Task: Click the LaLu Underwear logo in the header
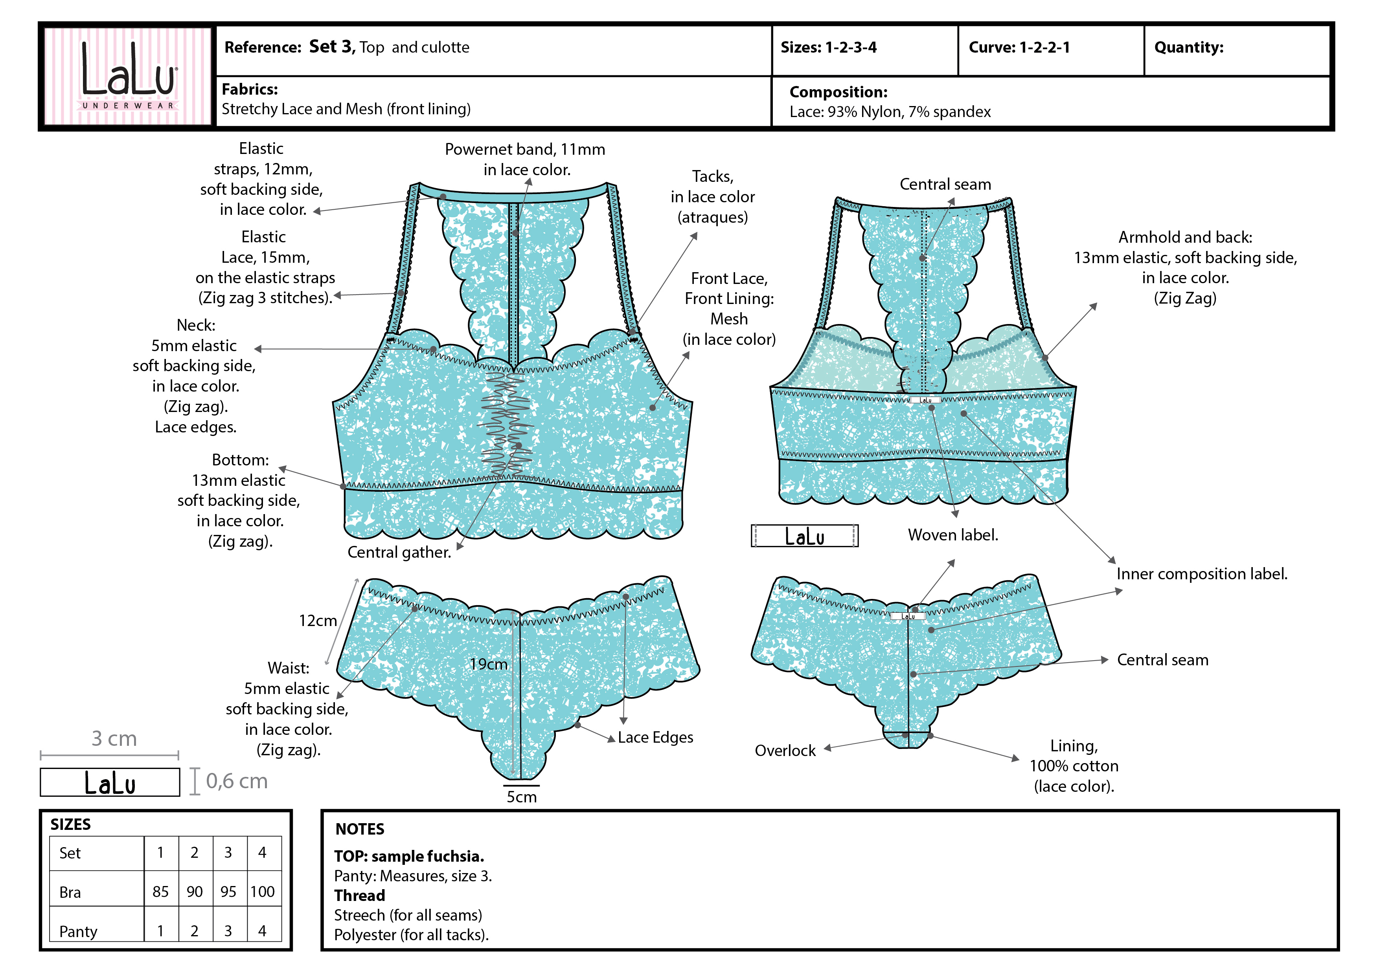coord(128,76)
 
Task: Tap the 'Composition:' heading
coord(838,92)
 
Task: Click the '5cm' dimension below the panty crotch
coord(521,796)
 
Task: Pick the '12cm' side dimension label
coord(318,621)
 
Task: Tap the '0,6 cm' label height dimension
coord(237,781)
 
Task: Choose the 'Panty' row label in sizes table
coord(78,931)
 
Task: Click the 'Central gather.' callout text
coord(399,552)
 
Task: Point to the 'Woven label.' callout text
coord(952,535)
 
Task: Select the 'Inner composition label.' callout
coord(1202,574)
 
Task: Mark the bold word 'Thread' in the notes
coord(360,895)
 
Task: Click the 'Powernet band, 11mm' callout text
coord(525,149)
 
